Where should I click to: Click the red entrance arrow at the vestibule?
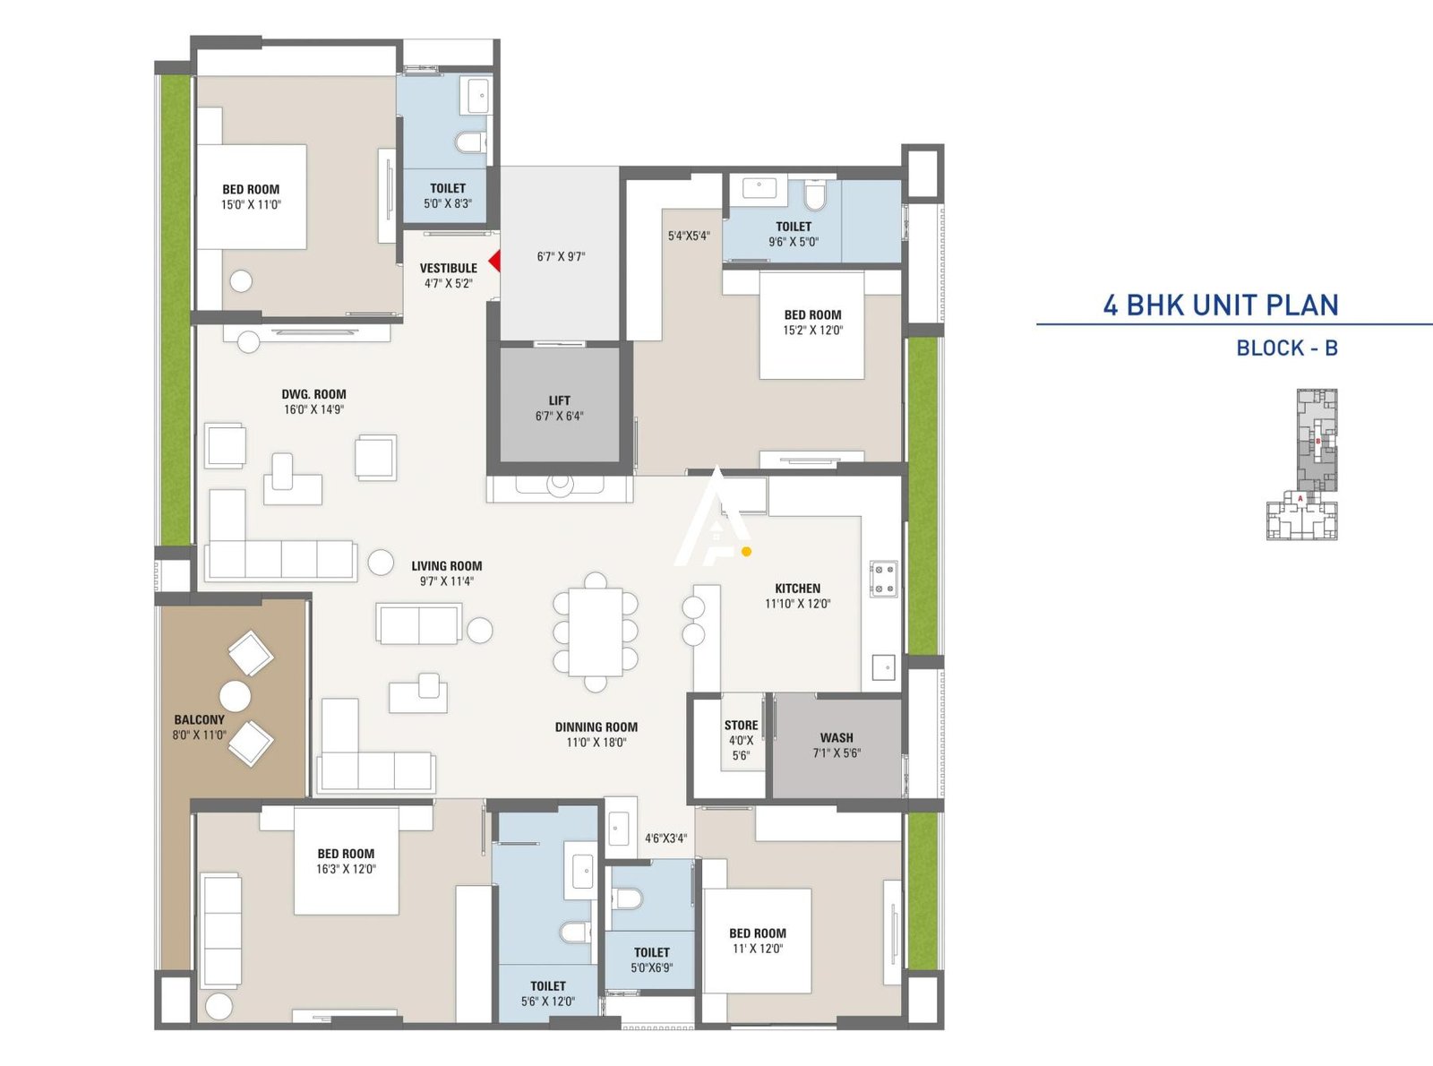[x=494, y=262]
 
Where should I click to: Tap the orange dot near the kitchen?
[x=746, y=552]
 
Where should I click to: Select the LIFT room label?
[x=560, y=400]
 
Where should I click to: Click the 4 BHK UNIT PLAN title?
[x=1220, y=305]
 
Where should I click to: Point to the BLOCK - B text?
[x=1286, y=348]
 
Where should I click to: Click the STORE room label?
[x=741, y=726]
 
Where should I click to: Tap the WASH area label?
[x=837, y=738]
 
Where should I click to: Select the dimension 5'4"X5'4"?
[x=689, y=236]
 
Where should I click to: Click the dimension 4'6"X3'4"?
[x=665, y=838]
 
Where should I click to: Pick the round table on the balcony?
[x=235, y=696]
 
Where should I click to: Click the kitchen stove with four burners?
[x=883, y=579]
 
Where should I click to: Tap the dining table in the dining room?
[x=596, y=632]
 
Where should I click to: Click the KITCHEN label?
[x=797, y=589]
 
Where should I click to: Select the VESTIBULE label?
[x=448, y=268]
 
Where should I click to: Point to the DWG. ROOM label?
[x=313, y=394]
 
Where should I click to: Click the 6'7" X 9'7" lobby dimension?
[x=561, y=257]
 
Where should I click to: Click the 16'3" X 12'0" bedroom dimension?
[x=346, y=869]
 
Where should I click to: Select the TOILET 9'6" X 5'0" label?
[x=794, y=227]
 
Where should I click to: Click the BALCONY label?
[x=199, y=719]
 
